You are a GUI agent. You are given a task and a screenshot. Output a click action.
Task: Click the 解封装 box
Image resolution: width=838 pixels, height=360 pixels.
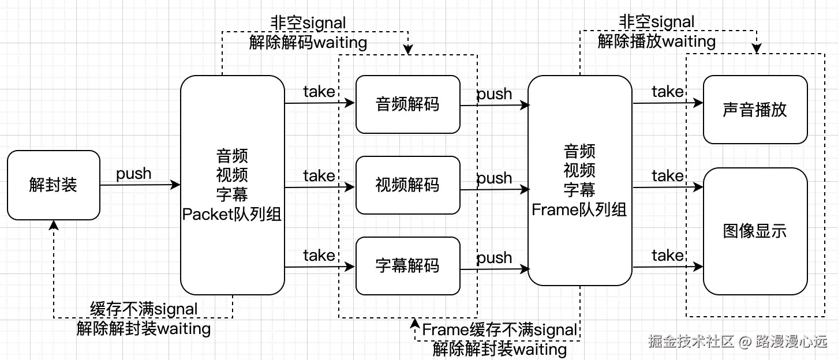53,185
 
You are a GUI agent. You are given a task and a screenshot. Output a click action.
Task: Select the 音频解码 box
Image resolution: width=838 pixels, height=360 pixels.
407,104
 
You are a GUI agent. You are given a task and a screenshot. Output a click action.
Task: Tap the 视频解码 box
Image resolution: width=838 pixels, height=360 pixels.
407,185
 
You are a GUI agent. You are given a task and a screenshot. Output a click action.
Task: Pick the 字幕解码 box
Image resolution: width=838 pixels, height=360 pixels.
407,266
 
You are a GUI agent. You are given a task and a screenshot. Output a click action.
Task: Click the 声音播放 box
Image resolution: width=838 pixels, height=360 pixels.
755,110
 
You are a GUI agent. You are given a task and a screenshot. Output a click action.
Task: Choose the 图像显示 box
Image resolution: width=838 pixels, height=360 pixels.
755,231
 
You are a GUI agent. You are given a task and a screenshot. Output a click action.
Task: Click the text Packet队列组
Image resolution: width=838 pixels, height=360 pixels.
232,215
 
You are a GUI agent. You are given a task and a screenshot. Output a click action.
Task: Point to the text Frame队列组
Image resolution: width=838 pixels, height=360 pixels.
579,210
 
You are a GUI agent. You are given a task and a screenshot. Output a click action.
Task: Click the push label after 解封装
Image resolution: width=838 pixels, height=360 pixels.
134,174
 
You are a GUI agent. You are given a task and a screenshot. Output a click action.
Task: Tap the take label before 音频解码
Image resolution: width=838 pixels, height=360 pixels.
319,92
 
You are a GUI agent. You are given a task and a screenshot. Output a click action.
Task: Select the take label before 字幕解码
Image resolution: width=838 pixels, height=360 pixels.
319,255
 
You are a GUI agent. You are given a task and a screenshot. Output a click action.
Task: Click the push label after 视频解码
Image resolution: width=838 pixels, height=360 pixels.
495,178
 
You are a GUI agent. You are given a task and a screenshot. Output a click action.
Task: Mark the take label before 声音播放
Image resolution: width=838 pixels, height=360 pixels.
668,92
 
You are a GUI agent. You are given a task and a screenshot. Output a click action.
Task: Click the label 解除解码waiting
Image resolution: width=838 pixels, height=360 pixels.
308,42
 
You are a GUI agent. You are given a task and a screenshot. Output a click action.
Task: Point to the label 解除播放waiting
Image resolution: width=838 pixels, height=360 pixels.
657,42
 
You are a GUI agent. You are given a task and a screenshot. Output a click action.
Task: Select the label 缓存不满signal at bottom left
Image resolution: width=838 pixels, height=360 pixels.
144,309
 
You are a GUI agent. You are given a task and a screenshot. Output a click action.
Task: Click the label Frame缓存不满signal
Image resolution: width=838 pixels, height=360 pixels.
500,330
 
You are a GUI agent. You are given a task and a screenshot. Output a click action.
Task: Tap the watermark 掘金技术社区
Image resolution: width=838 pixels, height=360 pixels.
690,342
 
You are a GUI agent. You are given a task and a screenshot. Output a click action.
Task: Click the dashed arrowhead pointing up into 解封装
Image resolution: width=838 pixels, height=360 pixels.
54,224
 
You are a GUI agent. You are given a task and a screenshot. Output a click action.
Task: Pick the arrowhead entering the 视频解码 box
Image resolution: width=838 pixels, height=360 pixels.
351,187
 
